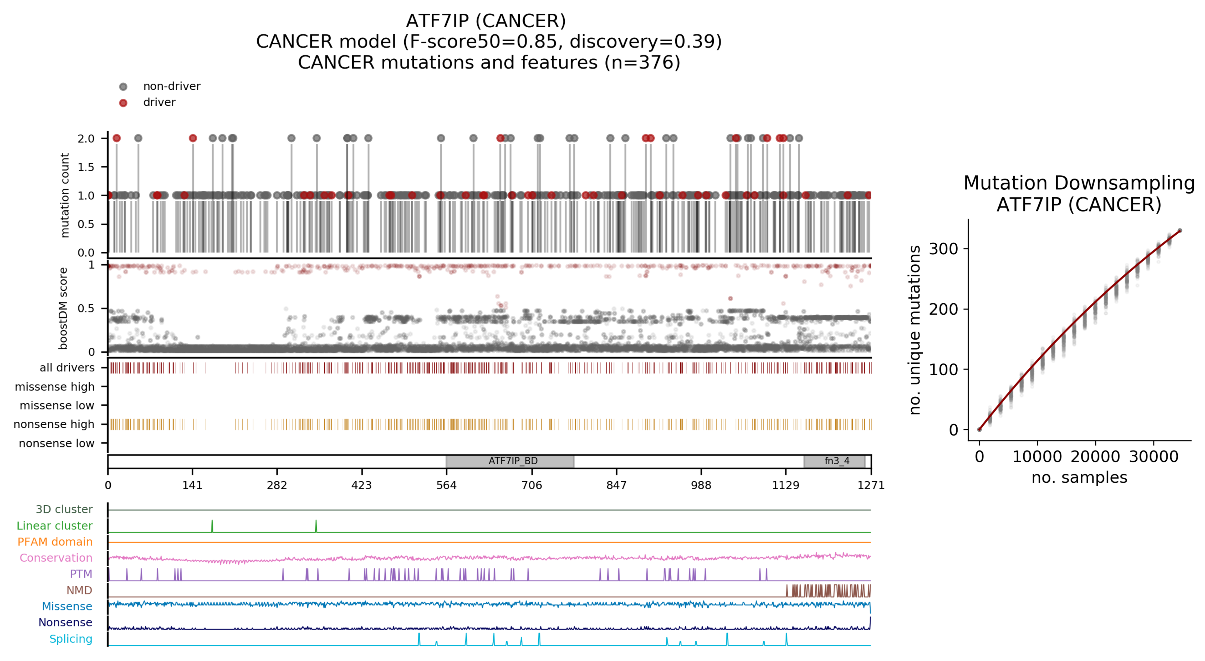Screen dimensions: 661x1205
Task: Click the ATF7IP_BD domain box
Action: click(x=510, y=461)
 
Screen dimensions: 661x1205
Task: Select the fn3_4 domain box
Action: click(x=834, y=461)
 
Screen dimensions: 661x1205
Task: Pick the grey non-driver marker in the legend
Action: click(x=123, y=87)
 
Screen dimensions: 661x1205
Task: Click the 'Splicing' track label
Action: click(x=71, y=639)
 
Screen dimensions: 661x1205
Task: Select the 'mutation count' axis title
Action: click(x=65, y=195)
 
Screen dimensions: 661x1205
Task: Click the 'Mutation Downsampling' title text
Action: click(x=1079, y=183)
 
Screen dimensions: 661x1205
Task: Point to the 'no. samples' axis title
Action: click(x=1079, y=477)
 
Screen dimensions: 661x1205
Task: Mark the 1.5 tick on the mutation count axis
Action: click(x=86, y=167)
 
